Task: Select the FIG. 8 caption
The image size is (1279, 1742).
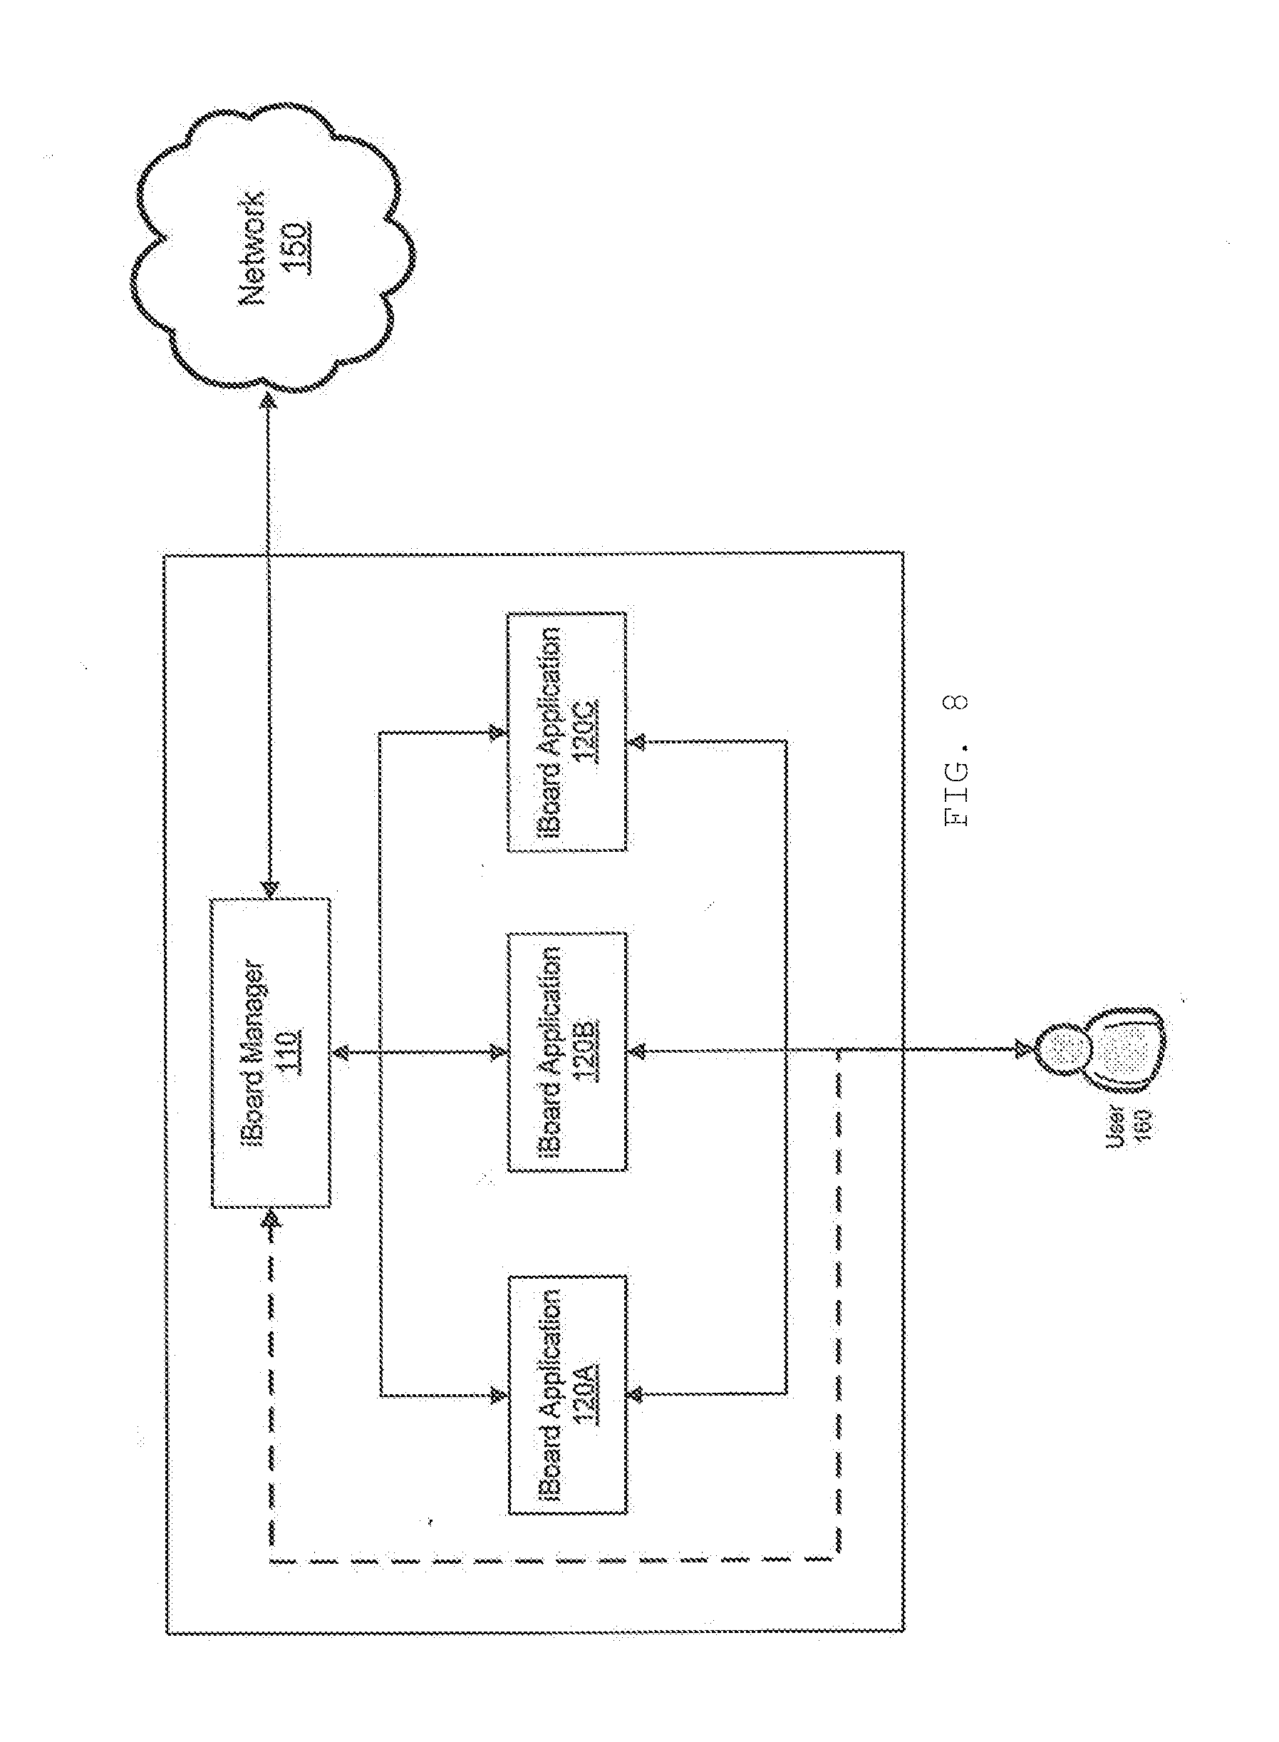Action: click(x=956, y=759)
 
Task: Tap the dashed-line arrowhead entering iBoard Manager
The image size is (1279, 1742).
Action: click(x=269, y=1219)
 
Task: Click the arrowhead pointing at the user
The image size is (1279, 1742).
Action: click(x=1022, y=1049)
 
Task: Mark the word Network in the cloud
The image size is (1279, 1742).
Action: click(x=257, y=247)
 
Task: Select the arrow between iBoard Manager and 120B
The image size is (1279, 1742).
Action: click(x=419, y=1051)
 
